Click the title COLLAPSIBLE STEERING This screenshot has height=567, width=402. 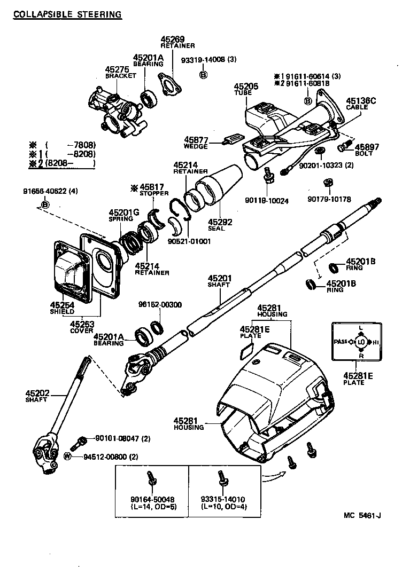coord(67,14)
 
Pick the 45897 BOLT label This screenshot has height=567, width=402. coord(367,147)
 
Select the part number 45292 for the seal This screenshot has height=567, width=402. coord(219,222)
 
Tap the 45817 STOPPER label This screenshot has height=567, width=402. coord(144,188)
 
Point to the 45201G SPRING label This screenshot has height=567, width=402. coord(124,212)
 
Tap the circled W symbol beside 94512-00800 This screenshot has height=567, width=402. coord(67,456)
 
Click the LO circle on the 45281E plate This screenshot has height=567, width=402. coord(361,341)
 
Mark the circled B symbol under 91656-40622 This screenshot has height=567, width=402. coord(45,204)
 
